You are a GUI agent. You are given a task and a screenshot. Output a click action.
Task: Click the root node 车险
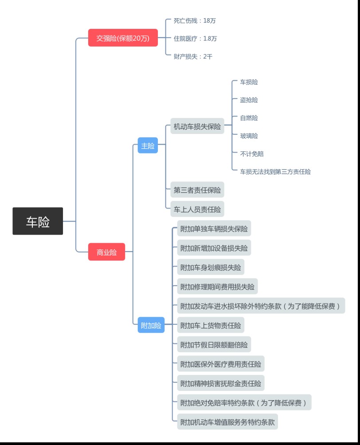[x=38, y=221]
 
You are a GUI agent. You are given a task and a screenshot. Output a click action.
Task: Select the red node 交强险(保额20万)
[x=123, y=38]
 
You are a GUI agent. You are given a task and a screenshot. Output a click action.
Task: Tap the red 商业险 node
[x=106, y=252]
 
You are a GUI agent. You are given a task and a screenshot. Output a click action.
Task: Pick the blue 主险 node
[x=148, y=146]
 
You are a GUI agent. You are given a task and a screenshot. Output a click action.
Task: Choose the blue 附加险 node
[x=151, y=325]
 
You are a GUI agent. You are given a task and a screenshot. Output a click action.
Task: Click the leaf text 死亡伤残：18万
[x=195, y=20]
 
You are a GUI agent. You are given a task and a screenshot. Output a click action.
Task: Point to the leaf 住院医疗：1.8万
[x=195, y=39]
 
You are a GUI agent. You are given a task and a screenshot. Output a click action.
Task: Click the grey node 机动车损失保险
[x=197, y=126]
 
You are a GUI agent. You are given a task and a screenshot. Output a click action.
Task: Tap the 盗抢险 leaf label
[x=249, y=100]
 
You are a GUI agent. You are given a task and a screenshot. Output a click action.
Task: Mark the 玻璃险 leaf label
[x=249, y=136]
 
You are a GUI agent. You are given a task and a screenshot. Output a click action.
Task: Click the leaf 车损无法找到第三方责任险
[x=275, y=171]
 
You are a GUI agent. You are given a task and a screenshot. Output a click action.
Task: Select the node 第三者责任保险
[x=197, y=190]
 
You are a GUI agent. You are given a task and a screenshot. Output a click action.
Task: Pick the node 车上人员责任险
[x=197, y=209]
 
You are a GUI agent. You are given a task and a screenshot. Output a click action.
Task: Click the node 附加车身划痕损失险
[x=211, y=268]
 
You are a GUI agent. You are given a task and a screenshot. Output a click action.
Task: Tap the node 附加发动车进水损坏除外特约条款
[x=261, y=306]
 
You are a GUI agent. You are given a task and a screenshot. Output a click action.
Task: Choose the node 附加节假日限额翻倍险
[x=214, y=344]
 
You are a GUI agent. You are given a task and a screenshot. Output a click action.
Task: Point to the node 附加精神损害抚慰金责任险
[x=220, y=383]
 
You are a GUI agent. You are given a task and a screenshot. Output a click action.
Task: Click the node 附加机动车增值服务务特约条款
[x=227, y=422]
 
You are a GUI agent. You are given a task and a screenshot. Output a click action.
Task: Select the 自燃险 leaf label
[x=249, y=118]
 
